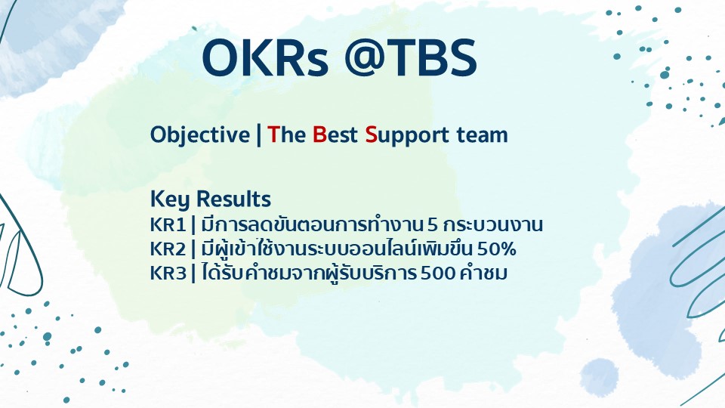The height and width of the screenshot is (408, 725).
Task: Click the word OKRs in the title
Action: coord(265,58)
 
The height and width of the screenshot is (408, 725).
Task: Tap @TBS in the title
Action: coord(411,58)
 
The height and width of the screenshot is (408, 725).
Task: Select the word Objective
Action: coord(199,135)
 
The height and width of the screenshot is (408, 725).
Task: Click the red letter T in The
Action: coord(273,134)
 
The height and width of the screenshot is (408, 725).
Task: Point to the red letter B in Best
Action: coord(319,134)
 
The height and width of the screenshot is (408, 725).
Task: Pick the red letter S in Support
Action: coord(372,134)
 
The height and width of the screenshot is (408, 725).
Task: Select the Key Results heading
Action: coord(211,199)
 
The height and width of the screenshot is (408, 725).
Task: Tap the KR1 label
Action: coord(168,225)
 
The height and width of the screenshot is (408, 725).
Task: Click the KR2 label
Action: coord(168,249)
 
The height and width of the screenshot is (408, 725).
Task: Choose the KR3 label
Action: coord(168,273)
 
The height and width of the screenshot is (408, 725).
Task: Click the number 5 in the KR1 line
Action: coord(432,225)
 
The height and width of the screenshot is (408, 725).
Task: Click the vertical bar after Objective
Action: coord(258,135)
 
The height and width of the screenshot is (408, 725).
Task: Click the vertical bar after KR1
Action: coord(193,225)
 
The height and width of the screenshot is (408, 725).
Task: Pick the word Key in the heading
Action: coord(170,199)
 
